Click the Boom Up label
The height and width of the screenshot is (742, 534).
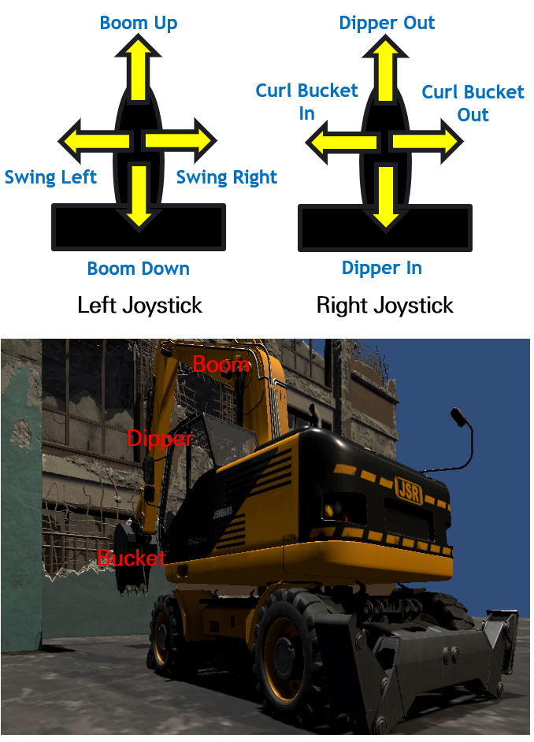pos(139,23)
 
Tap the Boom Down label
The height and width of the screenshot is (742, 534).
pos(138,269)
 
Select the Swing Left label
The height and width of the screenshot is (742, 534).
pos(50,177)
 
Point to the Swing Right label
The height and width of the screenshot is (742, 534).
pos(227,177)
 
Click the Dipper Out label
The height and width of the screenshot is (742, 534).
pos(387,23)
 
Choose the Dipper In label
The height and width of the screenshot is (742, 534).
pos(382,269)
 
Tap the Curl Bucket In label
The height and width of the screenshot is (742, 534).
pos(306,102)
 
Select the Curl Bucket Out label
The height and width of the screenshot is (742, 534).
pos(473,103)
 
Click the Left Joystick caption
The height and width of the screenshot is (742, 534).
pos(140,305)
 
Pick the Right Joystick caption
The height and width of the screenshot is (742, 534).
pos(385,305)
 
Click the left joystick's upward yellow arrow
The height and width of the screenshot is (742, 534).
pos(138,68)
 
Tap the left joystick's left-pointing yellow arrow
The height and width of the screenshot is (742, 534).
pos(95,142)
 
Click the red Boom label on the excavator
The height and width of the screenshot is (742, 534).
pos(221,365)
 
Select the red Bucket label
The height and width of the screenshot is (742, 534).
pos(132,558)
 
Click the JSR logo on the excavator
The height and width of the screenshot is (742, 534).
pos(409,491)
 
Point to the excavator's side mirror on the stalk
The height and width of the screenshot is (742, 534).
pos(458,417)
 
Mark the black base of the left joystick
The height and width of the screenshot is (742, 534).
pos(139,228)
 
